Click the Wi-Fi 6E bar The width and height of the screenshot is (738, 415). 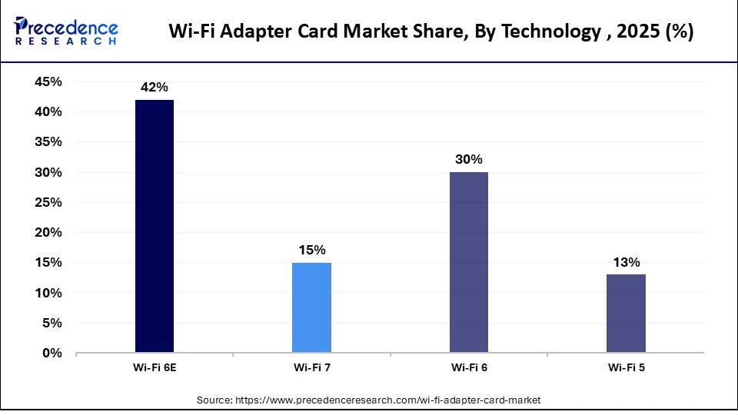(154, 227)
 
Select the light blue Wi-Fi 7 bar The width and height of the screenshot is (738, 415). (311, 308)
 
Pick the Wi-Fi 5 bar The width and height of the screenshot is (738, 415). (626, 314)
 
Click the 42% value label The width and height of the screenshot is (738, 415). (154, 88)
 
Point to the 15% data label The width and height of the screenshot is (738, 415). (311, 251)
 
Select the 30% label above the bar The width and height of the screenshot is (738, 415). (468, 160)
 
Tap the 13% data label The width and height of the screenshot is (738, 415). (626, 263)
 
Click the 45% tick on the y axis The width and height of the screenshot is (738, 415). (48, 81)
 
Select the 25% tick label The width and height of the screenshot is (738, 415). (48, 203)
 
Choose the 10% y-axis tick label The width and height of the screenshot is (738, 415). (48, 293)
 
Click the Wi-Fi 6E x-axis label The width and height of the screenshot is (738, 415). (154, 368)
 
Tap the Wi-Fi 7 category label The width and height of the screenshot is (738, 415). (311, 368)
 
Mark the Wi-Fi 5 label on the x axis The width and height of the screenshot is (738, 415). (626, 368)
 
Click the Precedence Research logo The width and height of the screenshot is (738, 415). (66, 32)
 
